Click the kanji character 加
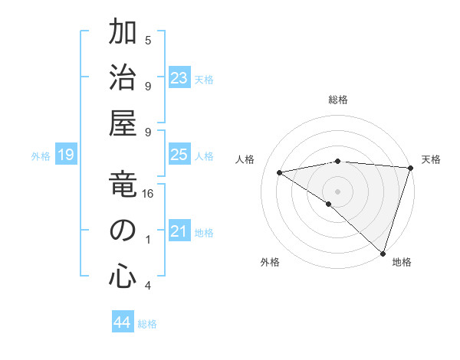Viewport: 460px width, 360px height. point(123,34)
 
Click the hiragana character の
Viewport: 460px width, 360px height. point(123,231)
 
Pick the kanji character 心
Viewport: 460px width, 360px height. point(123,277)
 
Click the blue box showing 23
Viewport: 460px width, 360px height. point(179,78)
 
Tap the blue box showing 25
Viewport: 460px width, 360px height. point(179,155)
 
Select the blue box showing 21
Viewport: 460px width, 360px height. point(179,231)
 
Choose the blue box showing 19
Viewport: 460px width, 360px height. point(66,155)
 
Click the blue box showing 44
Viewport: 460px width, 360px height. point(123,322)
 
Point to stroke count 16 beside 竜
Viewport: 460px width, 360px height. point(148,194)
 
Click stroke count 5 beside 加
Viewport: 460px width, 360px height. point(148,40)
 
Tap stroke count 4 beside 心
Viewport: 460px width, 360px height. point(148,286)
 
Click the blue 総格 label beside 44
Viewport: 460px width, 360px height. point(147,324)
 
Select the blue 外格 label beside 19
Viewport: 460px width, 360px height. point(41,156)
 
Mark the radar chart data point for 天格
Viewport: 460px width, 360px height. point(410,168)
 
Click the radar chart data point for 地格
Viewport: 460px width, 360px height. point(383,252)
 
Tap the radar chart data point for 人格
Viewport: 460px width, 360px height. point(280,172)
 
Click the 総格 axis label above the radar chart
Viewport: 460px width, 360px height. point(337,100)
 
